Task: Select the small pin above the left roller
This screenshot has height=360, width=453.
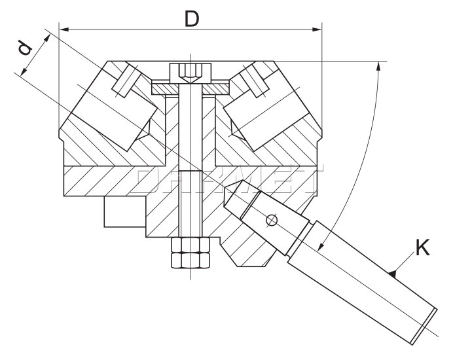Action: [122, 82]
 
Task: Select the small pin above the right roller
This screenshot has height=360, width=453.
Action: [257, 82]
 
